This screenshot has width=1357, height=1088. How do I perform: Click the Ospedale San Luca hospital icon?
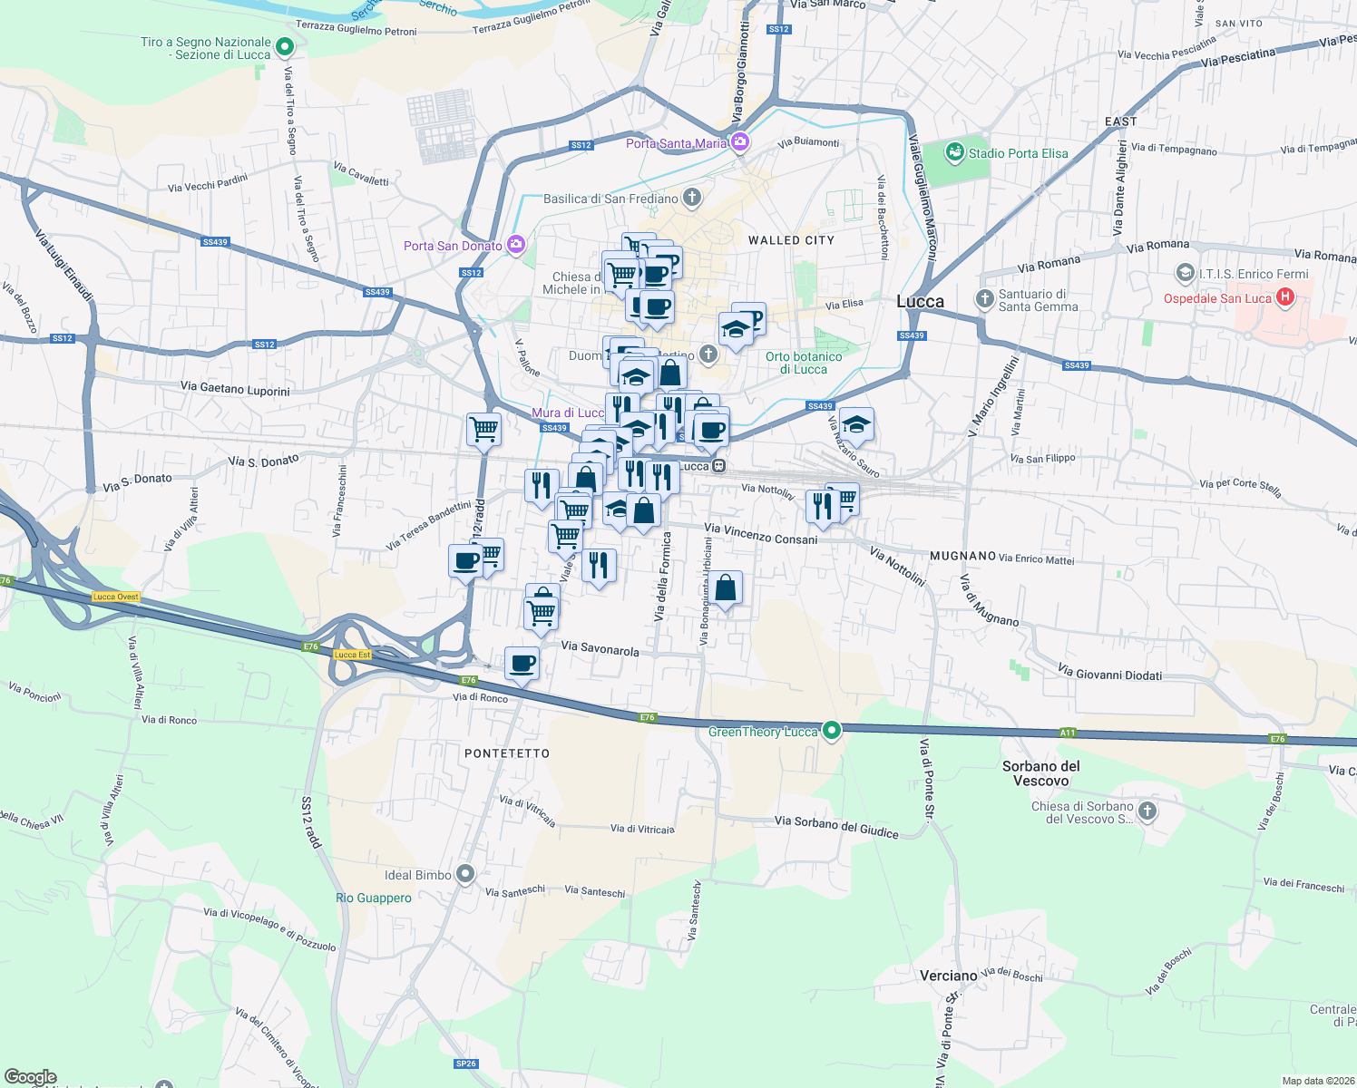click(1284, 297)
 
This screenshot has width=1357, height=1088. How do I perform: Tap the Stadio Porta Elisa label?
click(1018, 153)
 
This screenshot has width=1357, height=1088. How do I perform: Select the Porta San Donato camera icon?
click(516, 245)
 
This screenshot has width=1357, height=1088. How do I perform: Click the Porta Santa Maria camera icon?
click(740, 141)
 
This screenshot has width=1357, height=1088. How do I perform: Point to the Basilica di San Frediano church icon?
click(692, 198)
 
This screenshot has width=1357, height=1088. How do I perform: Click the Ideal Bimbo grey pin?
click(465, 874)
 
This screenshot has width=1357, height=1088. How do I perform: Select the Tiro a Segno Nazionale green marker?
click(285, 46)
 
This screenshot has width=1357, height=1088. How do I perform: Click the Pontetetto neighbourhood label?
click(507, 753)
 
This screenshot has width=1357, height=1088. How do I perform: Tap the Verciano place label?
click(949, 976)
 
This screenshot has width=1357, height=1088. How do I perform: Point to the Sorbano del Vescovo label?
click(1041, 773)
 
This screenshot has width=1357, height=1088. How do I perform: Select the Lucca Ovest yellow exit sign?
click(116, 597)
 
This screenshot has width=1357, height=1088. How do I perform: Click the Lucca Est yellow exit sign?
click(352, 655)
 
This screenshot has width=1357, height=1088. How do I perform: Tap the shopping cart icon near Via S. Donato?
click(484, 428)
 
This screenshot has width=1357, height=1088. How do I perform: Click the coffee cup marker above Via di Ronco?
click(522, 663)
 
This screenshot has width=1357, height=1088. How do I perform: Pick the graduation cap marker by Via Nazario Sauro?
click(856, 423)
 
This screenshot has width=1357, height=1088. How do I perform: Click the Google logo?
click(31, 1077)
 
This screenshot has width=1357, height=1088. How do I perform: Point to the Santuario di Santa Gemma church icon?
click(985, 298)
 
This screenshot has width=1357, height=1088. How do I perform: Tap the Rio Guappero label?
click(374, 898)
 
